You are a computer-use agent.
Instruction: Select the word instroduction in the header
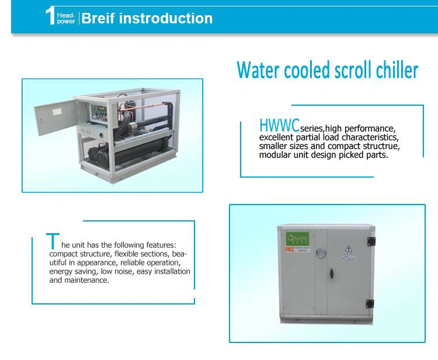click(x=165, y=18)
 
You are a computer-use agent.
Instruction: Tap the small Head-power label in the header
click(x=67, y=18)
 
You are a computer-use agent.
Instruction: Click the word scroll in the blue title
click(x=342, y=70)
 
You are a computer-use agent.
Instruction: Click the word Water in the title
click(x=257, y=70)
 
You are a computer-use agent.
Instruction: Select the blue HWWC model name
click(x=279, y=125)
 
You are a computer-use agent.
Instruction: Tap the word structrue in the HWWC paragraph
click(x=380, y=146)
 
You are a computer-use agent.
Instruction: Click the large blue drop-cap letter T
click(x=52, y=241)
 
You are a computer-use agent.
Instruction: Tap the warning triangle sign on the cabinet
click(x=348, y=247)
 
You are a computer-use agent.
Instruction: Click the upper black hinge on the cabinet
click(x=370, y=241)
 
